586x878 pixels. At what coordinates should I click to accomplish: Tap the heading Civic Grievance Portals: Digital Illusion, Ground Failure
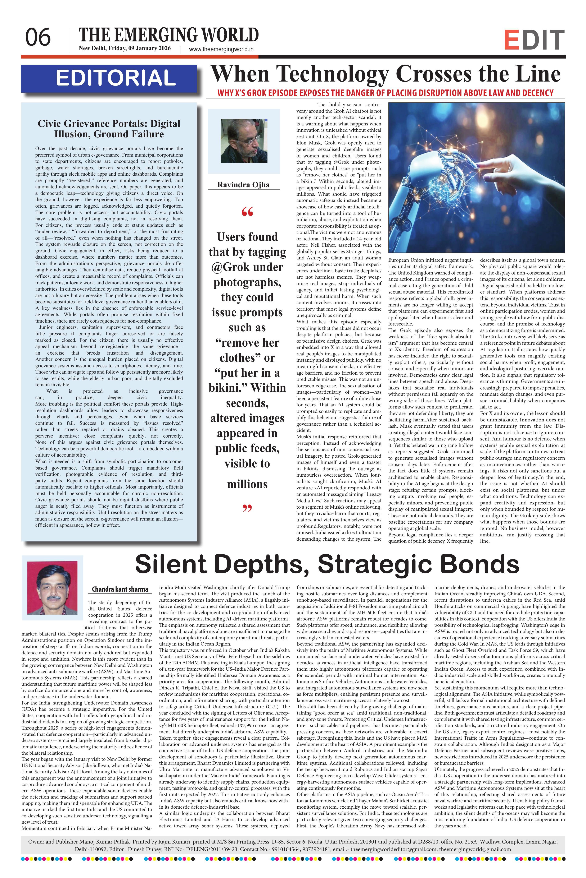tap(109, 129)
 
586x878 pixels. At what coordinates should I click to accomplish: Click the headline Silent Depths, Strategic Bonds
tap(327, 564)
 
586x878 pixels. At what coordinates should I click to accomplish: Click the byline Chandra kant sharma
tap(120, 590)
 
